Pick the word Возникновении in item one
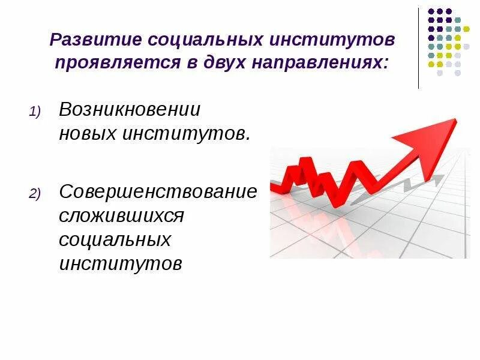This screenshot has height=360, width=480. click(x=130, y=110)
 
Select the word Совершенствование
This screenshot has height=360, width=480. click(x=158, y=193)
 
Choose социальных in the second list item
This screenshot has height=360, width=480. click(x=115, y=239)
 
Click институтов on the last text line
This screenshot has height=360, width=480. click(x=120, y=263)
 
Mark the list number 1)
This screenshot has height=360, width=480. click(x=34, y=112)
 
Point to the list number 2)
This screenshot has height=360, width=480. click(x=34, y=194)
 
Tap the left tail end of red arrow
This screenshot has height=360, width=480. click(x=274, y=187)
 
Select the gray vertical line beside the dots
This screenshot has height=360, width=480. click(x=419, y=48)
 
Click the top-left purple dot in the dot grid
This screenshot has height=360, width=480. click(x=430, y=11)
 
